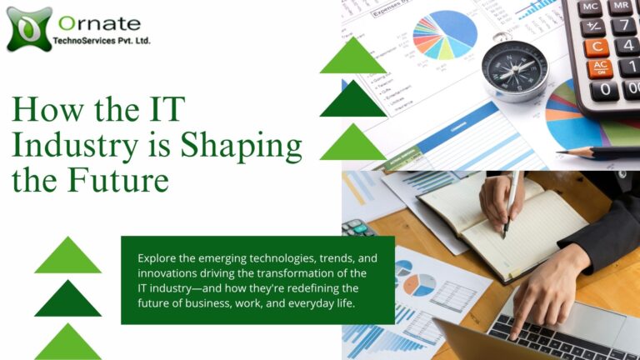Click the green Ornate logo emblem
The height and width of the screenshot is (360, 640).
(29, 29)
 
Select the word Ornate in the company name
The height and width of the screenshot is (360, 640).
(100, 23)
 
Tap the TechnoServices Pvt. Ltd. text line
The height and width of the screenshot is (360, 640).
(102, 40)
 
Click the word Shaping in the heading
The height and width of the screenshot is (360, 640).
(241, 146)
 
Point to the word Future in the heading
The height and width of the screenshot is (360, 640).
(118, 180)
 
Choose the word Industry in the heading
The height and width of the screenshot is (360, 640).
(75, 146)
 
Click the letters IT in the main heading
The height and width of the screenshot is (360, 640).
(167, 108)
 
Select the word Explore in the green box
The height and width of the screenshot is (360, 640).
(157, 259)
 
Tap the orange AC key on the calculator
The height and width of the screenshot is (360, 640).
(600, 68)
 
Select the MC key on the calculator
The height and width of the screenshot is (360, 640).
(590, 7)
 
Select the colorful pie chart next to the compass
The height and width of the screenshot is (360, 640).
(444, 35)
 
